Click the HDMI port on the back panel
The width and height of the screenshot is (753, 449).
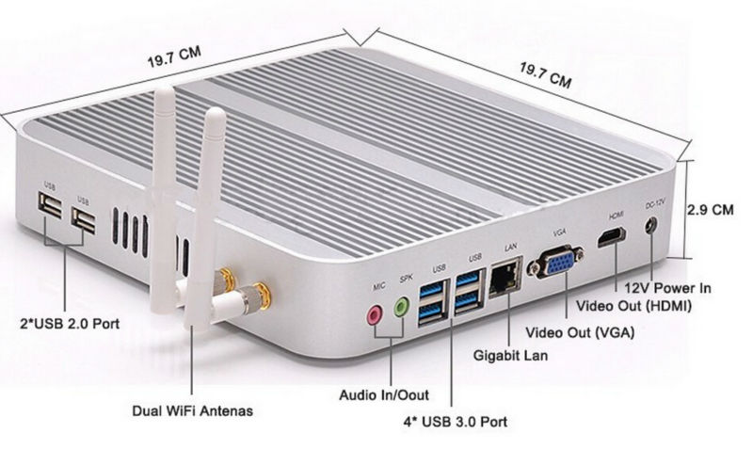(614, 235)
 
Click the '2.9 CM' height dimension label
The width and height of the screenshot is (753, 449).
(711, 210)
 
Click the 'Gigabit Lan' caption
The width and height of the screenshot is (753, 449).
(509, 356)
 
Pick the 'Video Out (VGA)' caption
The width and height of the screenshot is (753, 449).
(579, 332)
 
